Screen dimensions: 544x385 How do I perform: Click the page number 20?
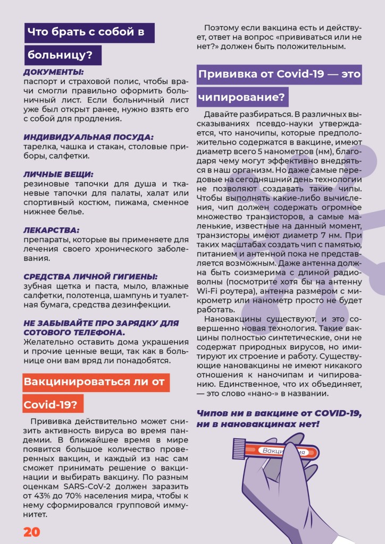(x=31, y=532)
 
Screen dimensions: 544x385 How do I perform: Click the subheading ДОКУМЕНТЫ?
(x=54, y=72)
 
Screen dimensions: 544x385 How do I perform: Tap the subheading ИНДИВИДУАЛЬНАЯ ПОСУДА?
(x=88, y=137)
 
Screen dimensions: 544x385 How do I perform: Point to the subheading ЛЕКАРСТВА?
(x=52, y=230)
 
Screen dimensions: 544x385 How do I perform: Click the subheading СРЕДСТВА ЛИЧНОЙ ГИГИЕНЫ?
(x=90, y=277)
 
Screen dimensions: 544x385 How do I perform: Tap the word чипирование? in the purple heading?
(x=242, y=98)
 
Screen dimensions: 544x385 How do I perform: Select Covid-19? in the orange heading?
(x=52, y=404)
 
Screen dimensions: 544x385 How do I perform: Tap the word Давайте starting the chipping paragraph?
(x=220, y=114)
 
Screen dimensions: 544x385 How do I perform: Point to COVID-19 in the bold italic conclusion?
(x=336, y=413)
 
